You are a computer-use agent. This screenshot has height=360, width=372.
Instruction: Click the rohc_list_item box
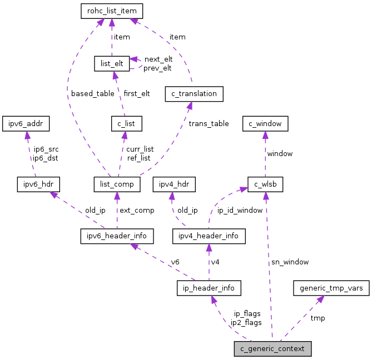click(x=112, y=11)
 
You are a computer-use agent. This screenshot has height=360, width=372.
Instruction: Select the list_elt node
click(x=111, y=63)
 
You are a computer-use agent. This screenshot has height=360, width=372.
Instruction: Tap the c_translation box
click(x=194, y=94)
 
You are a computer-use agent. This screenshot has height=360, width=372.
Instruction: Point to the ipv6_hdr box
click(x=38, y=184)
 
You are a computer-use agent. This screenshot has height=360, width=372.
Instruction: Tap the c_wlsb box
click(x=266, y=184)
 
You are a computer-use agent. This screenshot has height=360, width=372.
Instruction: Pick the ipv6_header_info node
click(x=117, y=236)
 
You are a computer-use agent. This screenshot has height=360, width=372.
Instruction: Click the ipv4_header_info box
click(x=209, y=236)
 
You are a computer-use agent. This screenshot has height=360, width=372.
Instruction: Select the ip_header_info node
click(x=209, y=288)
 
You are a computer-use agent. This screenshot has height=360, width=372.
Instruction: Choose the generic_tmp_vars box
click(x=331, y=288)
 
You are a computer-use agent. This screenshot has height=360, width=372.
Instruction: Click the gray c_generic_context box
click(x=272, y=349)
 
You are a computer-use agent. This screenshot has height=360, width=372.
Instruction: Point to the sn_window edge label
click(x=290, y=262)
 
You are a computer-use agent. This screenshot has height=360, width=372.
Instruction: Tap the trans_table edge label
click(x=209, y=123)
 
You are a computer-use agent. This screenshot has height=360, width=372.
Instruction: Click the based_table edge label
click(x=92, y=93)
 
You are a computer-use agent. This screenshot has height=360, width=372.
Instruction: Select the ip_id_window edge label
click(x=240, y=210)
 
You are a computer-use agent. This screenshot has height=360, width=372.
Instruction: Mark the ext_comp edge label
click(x=137, y=210)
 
